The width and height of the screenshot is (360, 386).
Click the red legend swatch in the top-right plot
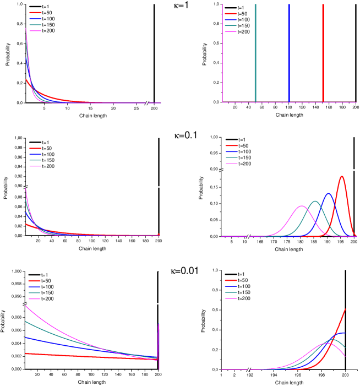(231, 14)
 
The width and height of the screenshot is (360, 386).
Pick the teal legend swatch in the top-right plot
(231, 26)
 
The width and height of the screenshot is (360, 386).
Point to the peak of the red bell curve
(342, 176)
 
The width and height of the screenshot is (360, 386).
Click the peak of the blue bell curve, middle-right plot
(329, 193)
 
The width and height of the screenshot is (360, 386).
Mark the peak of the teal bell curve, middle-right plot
(315, 201)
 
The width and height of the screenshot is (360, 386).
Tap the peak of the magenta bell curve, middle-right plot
(302, 206)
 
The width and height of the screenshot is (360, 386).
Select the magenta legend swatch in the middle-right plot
(231, 164)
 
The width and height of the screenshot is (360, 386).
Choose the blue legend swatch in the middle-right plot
(231, 151)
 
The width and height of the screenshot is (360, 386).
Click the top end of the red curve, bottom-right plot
(345, 309)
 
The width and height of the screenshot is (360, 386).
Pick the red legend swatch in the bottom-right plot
(231, 280)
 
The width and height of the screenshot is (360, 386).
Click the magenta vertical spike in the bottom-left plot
(159, 341)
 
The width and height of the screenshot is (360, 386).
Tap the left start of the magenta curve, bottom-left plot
(26, 305)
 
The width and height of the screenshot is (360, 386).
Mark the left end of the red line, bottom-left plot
(26, 354)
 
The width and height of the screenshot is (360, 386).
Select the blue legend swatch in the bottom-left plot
(35, 286)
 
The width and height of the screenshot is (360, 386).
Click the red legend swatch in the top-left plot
(35, 13)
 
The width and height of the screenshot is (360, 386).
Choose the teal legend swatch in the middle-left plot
(35, 160)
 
